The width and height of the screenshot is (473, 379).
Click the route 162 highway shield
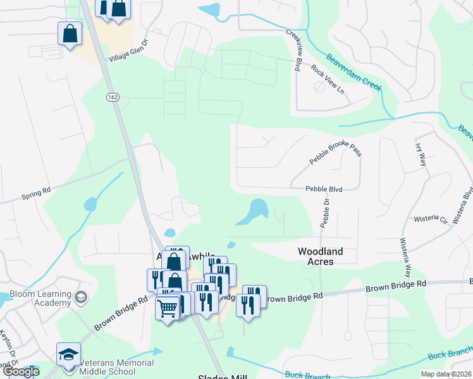pos(113,97)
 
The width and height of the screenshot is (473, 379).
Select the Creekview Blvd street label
pos(293,50)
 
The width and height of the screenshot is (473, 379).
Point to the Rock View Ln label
pos(327,79)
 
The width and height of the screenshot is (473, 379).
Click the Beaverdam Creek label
pos(354,72)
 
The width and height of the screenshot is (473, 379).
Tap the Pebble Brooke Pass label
pos(335,152)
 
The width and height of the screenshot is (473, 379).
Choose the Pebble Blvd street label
pos(324,188)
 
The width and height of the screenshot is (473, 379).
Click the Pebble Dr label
pos(325,214)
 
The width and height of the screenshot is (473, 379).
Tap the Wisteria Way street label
pos(405,258)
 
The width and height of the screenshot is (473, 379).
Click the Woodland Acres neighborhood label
pos(321,256)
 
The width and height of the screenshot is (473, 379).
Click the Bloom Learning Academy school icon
pos(80,297)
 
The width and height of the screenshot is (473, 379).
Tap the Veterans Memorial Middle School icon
pos(68,354)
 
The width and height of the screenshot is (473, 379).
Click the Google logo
pos(21,371)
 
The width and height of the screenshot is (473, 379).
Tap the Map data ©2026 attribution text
pos(446,374)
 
